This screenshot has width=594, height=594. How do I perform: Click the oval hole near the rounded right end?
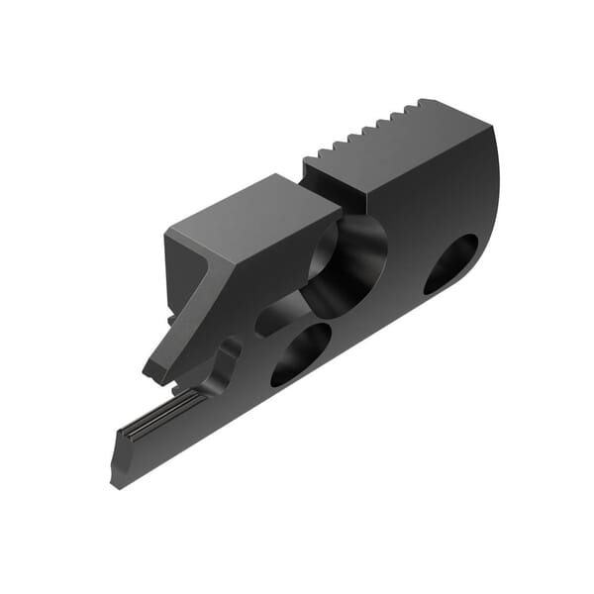[450, 263]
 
